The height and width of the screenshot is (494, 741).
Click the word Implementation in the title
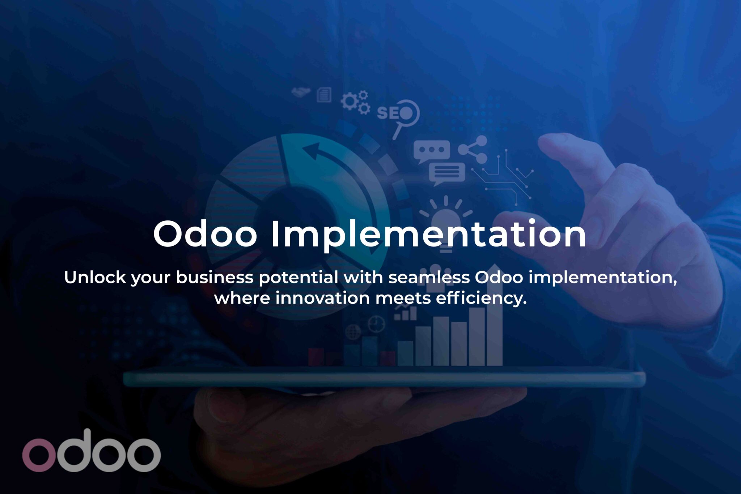pos(428,235)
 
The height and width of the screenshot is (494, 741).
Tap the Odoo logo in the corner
pos(91,451)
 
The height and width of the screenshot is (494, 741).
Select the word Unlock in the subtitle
pos(95,278)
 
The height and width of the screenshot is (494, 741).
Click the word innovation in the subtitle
pos(323,298)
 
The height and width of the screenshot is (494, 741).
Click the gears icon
pos(355,102)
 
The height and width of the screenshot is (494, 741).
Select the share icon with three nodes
pos(473,150)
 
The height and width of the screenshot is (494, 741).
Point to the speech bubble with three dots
pos(432,151)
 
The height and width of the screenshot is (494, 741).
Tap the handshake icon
pos(301,91)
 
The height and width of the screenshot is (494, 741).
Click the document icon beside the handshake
pos(324,95)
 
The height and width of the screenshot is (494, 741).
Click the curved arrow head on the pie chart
pos(312,151)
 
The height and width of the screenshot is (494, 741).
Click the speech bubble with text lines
pos(447,174)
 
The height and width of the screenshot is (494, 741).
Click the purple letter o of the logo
pos(39,455)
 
